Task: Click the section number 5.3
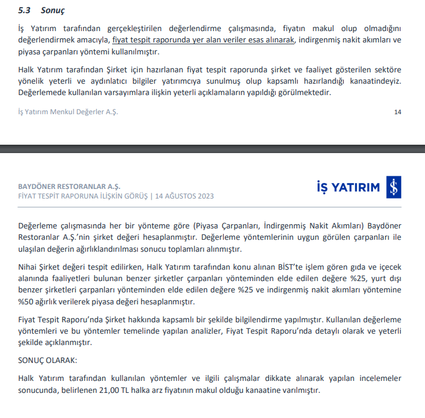(24, 11)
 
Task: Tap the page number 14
(398, 112)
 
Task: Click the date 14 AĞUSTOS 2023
(184, 196)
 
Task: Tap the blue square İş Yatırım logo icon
(393, 188)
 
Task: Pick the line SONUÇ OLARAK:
(48, 361)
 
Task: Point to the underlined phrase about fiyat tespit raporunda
(204, 39)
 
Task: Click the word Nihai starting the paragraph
(29, 266)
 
